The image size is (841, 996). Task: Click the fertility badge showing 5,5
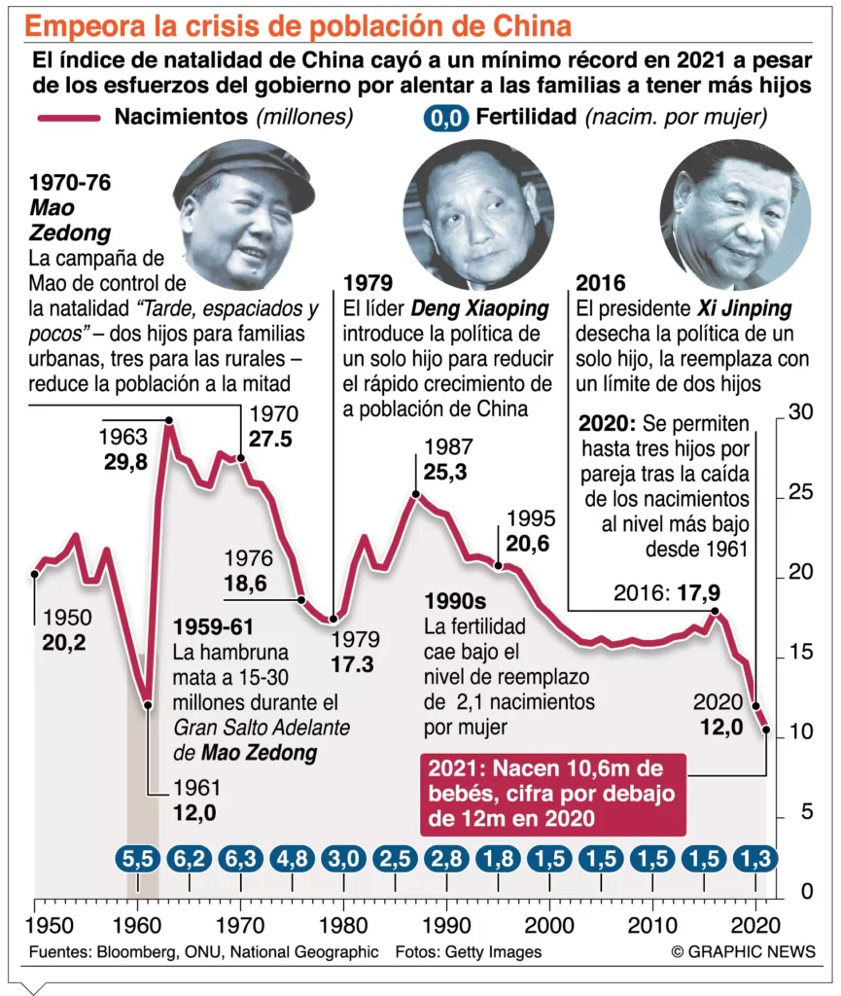[x=137, y=859]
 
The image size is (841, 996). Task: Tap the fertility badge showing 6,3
[x=240, y=859]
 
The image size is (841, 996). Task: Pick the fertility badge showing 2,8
[x=446, y=859]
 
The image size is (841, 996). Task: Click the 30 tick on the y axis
[x=799, y=412]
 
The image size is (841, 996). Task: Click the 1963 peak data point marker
[x=169, y=421]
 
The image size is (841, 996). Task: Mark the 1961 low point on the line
[x=148, y=704]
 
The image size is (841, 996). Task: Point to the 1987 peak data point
[x=416, y=494]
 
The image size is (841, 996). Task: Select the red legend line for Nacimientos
[x=67, y=118]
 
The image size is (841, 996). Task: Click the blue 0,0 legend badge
[x=445, y=119]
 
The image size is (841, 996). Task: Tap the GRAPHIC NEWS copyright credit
[x=743, y=951]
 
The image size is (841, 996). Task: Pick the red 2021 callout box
[x=553, y=793]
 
